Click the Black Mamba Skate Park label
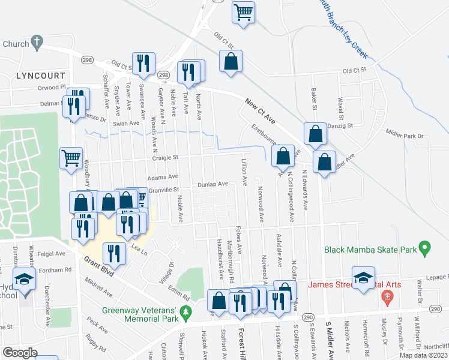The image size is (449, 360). pyautogui.click(x=370, y=249)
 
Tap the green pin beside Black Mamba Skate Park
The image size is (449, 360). pyautogui.click(x=425, y=247)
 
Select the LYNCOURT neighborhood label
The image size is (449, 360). pyautogui.click(x=41, y=76)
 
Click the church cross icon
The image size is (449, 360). pyautogui.click(x=37, y=42)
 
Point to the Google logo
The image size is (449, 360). pyautogui.click(x=20, y=352)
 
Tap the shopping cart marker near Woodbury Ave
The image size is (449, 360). pyautogui.click(x=71, y=158)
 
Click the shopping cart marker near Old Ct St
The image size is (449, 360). pyautogui.click(x=244, y=11)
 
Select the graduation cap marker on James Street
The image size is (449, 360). pyautogui.click(x=363, y=277)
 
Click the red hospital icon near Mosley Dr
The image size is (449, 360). pyautogui.click(x=387, y=296)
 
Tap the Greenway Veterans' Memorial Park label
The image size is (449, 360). pyautogui.click(x=140, y=315)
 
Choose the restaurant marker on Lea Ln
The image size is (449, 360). pyautogui.click(x=113, y=253)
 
